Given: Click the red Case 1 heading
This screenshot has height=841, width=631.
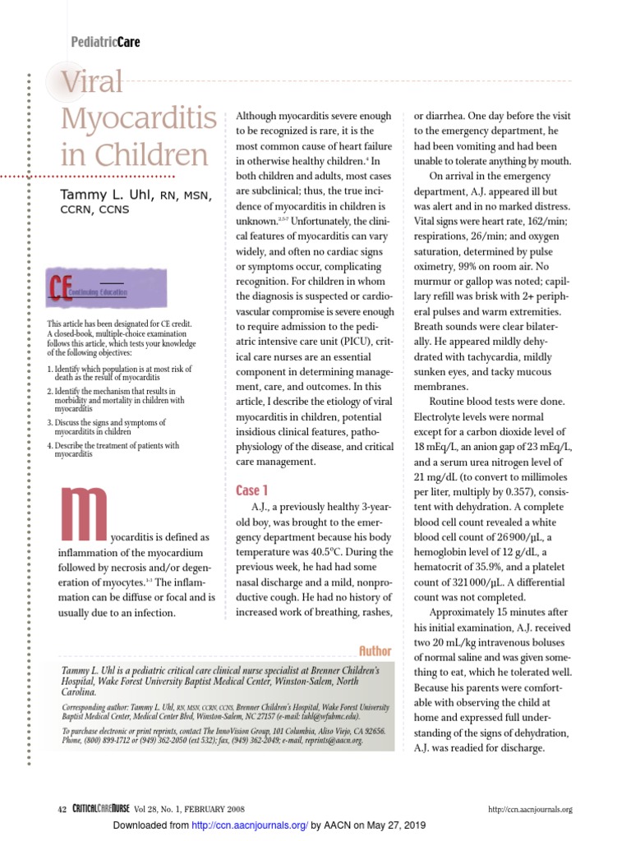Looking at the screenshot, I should (252, 490).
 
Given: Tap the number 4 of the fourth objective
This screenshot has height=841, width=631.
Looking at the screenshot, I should (50, 446).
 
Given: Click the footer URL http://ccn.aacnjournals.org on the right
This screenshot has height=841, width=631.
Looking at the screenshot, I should (530, 810).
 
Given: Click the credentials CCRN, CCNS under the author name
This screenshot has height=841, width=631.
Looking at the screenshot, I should (94, 209).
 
